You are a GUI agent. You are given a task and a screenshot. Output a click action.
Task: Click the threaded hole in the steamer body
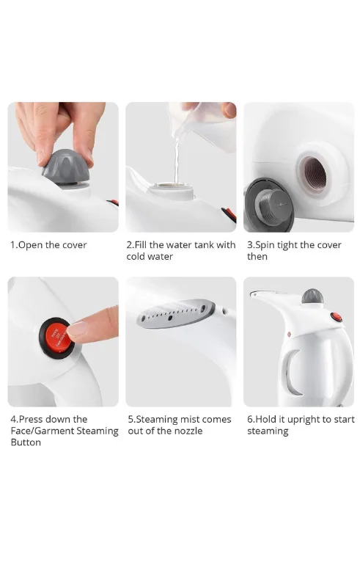point(312,175)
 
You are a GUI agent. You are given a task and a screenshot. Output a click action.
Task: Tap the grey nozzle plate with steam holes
point(176,313)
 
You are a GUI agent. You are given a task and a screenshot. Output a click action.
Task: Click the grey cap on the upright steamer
point(312,296)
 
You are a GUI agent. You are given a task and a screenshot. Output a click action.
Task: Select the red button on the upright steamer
point(336,317)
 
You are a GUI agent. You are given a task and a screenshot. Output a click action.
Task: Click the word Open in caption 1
point(30,245)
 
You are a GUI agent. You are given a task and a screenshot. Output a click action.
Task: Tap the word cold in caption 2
point(135,256)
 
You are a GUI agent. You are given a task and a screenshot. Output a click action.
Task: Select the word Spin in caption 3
point(265,245)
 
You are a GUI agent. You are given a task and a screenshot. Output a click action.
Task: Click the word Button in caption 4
point(26,442)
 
